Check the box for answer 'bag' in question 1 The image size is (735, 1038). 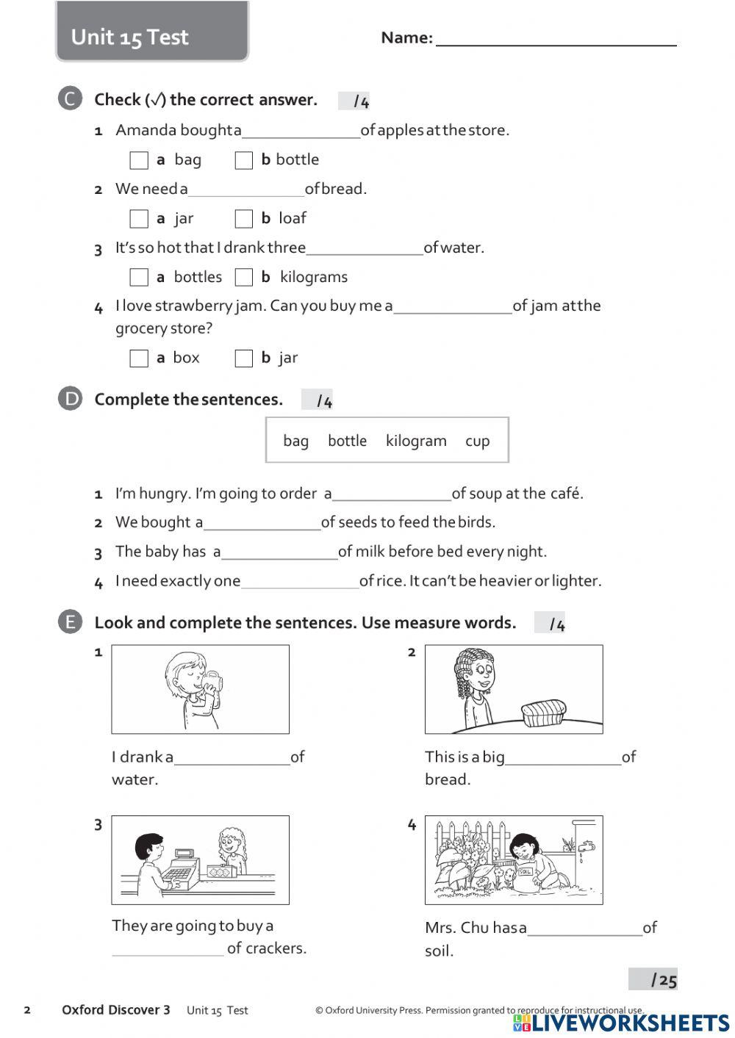(139, 160)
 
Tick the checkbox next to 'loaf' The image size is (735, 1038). (244, 219)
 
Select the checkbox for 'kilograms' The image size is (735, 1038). (244, 278)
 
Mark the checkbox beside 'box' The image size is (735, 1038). (139, 358)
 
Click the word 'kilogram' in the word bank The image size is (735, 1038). (416, 441)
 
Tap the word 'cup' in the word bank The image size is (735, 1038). (477, 441)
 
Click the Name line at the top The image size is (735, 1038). (556, 38)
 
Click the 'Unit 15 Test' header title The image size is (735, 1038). (130, 37)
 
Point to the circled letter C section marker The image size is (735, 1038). (70, 99)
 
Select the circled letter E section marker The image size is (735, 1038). (70, 622)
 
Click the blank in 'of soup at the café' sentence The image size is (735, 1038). (392, 494)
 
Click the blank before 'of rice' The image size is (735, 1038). (300, 581)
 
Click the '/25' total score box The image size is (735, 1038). (653, 979)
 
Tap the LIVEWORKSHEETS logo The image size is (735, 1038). (621, 1023)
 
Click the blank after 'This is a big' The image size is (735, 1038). (563, 757)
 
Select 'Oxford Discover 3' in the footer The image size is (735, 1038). (116, 1010)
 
